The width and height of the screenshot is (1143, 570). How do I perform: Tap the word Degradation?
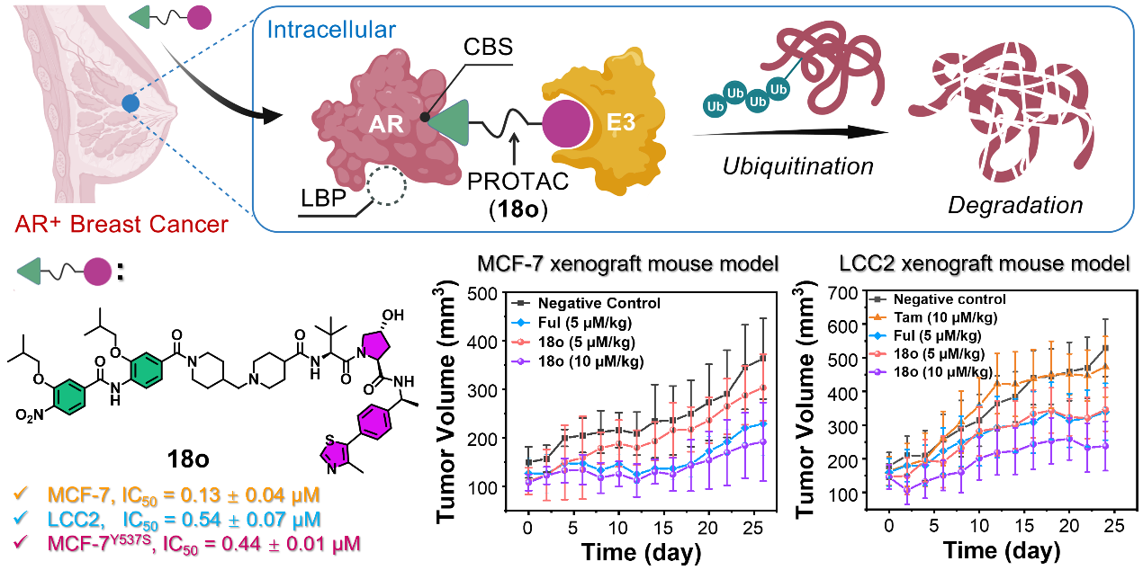click(1014, 206)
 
